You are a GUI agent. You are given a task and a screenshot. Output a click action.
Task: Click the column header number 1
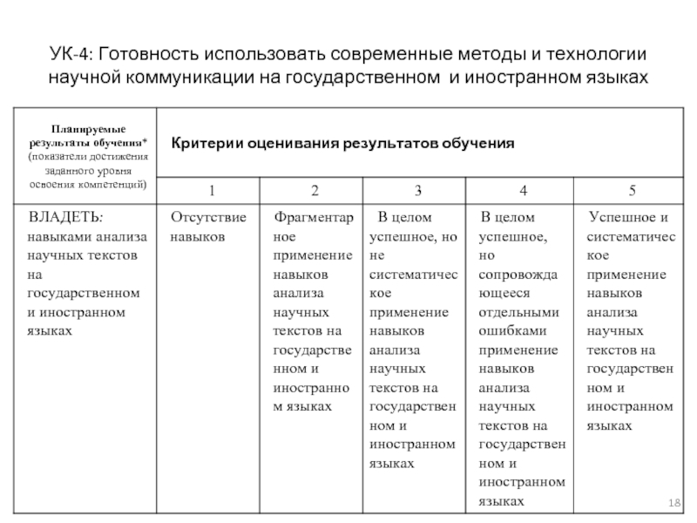[209, 189]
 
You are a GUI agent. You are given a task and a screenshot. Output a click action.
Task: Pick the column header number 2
[315, 189]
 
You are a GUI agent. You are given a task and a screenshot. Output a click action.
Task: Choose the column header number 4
[523, 189]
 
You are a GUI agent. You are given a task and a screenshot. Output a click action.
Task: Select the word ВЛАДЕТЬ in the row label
[65, 217]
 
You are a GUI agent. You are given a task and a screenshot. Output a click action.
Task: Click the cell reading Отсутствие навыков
[208, 226]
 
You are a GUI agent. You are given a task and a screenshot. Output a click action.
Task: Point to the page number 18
[673, 506]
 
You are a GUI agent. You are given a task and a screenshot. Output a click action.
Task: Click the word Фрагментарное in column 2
[314, 226]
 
